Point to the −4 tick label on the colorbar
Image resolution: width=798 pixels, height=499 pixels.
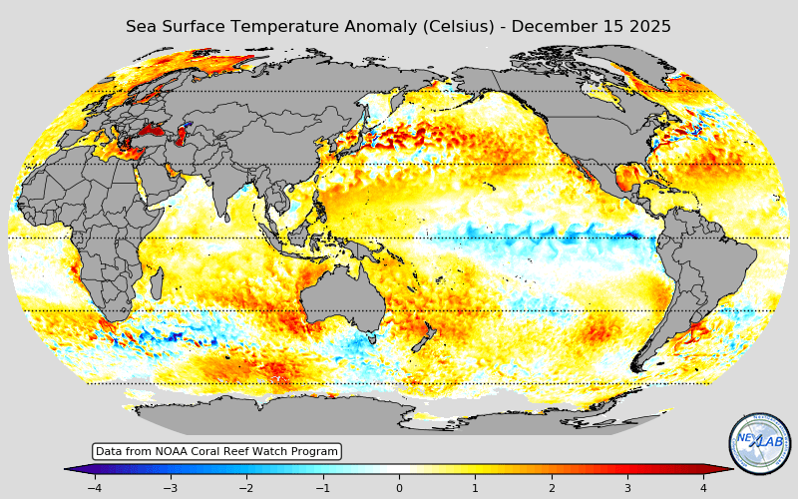(94, 488)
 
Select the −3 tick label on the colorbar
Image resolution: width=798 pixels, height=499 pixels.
(171, 488)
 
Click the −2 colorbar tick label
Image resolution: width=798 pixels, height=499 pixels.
(246, 488)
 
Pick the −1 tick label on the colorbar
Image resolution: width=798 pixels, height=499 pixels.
(322, 488)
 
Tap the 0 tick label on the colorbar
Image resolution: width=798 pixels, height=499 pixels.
(399, 488)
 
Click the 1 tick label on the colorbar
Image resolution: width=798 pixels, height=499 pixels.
(475, 488)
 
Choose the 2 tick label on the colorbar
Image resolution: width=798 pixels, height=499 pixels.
(552, 488)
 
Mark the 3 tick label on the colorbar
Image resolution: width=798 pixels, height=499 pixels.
(627, 488)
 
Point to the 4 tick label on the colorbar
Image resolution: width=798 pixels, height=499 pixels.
(703, 488)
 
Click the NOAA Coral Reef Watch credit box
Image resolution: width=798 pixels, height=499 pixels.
(216, 452)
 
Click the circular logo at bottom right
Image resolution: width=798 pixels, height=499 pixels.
(759, 443)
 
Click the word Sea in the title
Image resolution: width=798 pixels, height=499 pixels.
(141, 27)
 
